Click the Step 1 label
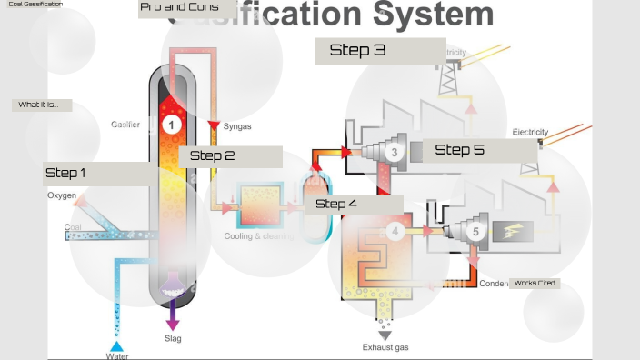(x=65, y=173)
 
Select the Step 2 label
(x=213, y=155)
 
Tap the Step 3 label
(x=357, y=51)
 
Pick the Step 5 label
(x=459, y=150)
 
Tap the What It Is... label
(x=38, y=105)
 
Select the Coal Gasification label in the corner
(x=34, y=5)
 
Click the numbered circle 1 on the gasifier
(x=171, y=124)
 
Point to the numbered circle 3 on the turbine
(x=393, y=152)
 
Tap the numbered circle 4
(x=394, y=232)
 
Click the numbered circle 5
(x=475, y=232)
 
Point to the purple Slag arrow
(x=173, y=318)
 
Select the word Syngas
(x=237, y=126)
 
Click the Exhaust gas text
(x=385, y=346)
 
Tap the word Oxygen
(x=62, y=195)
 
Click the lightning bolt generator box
(x=514, y=232)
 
